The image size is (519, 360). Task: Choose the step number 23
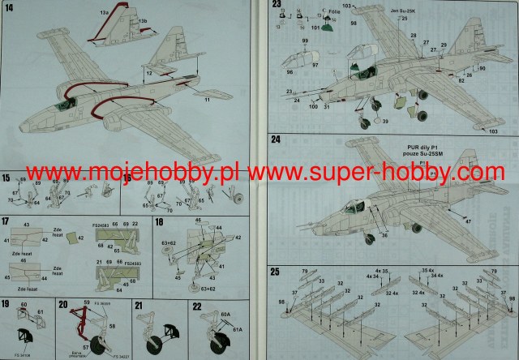point(277,5)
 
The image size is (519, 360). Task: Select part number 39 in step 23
point(385,122)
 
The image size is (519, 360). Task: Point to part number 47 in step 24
point(468,221)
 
